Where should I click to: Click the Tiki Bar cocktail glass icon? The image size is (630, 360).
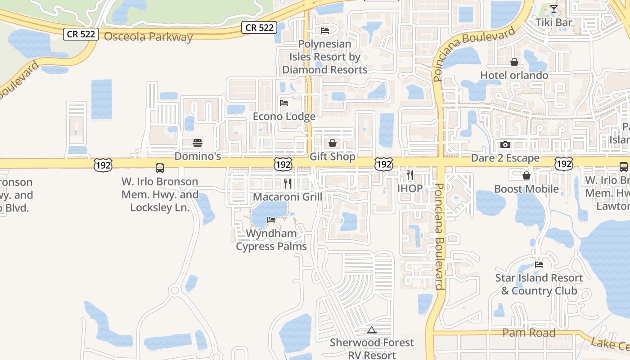point(554,9)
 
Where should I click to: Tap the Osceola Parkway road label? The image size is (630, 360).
point(148,37)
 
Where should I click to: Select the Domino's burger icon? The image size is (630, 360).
point(198,143)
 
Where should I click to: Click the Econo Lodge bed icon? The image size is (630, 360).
point(284,103)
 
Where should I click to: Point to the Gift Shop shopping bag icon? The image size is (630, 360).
point(333,143)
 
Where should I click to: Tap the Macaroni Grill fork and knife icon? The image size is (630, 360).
point(288,183)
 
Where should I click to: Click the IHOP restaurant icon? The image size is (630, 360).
point(410,175)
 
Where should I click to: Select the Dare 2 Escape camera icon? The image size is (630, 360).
point(505,144)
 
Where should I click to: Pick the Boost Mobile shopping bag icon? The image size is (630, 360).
point(526,175)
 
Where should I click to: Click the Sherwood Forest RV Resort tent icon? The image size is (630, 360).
point(371,330)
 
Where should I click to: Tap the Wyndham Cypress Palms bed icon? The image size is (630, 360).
point(271,220)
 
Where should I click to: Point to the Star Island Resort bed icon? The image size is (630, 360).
point(539,264)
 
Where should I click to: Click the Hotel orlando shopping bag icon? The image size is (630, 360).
point(514,62)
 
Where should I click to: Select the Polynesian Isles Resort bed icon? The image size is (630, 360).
point(325,31)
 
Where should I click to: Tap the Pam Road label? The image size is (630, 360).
point(529,333)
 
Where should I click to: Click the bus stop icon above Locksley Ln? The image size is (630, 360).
point(160,168)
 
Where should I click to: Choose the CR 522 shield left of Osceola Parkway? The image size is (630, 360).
point(81,34)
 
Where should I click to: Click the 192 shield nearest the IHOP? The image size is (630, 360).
point(384,164)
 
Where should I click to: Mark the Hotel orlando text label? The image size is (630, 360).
point(514,75)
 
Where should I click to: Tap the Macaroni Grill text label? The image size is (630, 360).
point(288,197)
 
